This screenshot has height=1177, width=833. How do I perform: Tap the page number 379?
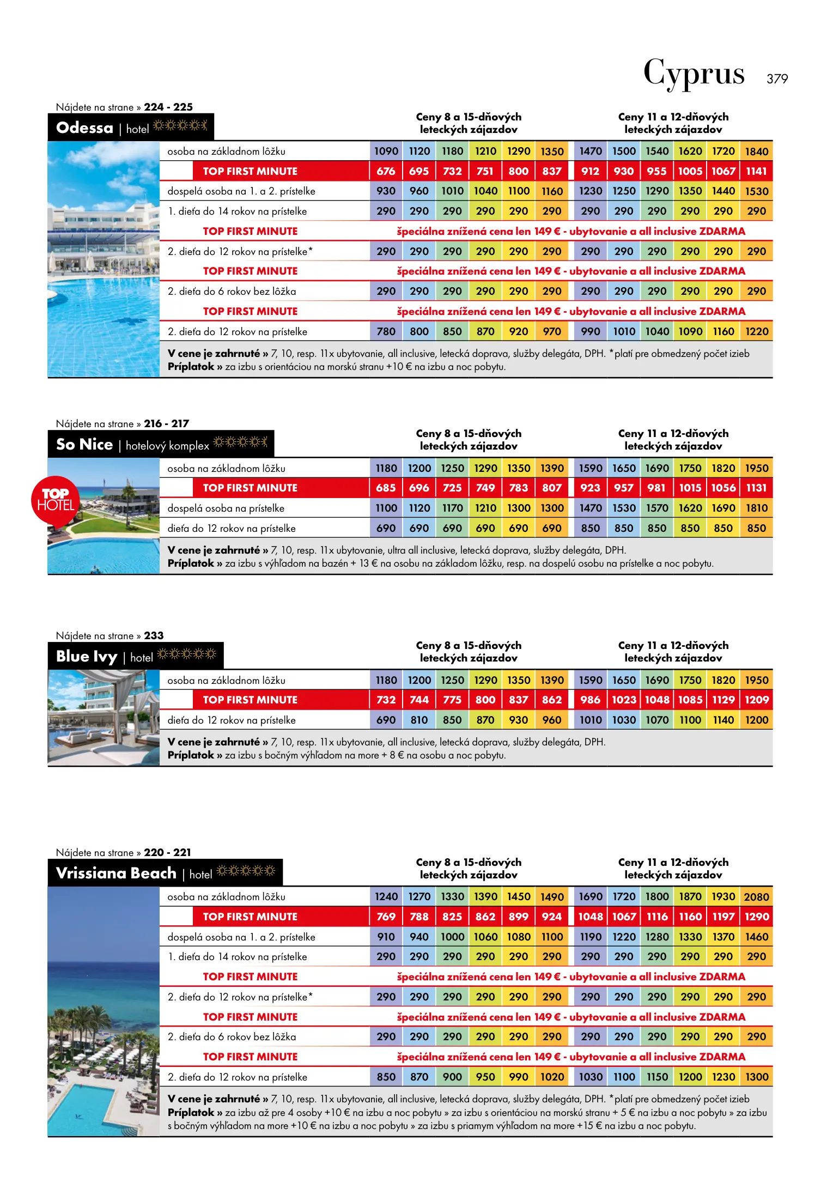[x=777, y=79]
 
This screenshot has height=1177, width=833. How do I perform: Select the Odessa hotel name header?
[x=85, y=128]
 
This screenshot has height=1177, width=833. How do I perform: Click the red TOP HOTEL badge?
[x=55, y=500]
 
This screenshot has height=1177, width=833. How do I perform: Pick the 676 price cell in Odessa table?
[x=386, y=171]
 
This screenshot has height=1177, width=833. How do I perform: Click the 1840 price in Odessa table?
[x=757, y=151]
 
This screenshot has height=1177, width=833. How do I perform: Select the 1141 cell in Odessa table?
[x=757, y=171]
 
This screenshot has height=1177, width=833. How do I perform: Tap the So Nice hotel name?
[x=84, y=445]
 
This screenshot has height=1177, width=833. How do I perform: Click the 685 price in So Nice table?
[x=386, y=488]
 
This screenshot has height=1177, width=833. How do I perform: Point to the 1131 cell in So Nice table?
[x=757, y=488]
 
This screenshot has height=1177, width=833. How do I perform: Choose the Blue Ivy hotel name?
[x=87, y=657]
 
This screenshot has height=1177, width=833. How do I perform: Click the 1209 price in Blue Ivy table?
[x=757, y=700]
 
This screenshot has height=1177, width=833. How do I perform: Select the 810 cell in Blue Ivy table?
[x=419, y=720]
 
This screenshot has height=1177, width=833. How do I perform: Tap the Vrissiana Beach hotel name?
[x=116, y=873]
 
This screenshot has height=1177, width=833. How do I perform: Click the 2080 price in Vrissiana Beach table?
[x=757, y=897]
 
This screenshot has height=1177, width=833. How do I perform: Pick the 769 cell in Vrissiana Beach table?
[x=386, y=917]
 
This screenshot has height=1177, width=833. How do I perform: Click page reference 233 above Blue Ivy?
[x=154, y=635]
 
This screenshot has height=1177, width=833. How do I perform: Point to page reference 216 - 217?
[x=166, y=423]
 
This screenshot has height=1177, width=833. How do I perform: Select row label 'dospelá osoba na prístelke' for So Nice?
[x=226, y=508]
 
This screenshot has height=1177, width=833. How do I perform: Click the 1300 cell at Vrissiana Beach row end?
[x=757, y=1077]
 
